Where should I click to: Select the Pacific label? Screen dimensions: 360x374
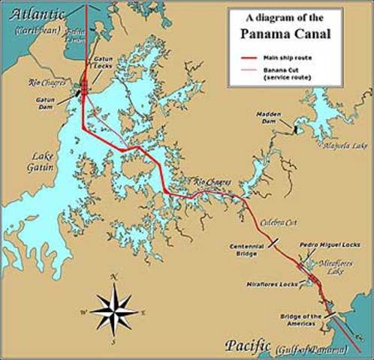click(247, 345)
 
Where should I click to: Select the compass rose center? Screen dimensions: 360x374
click(113, 310)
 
